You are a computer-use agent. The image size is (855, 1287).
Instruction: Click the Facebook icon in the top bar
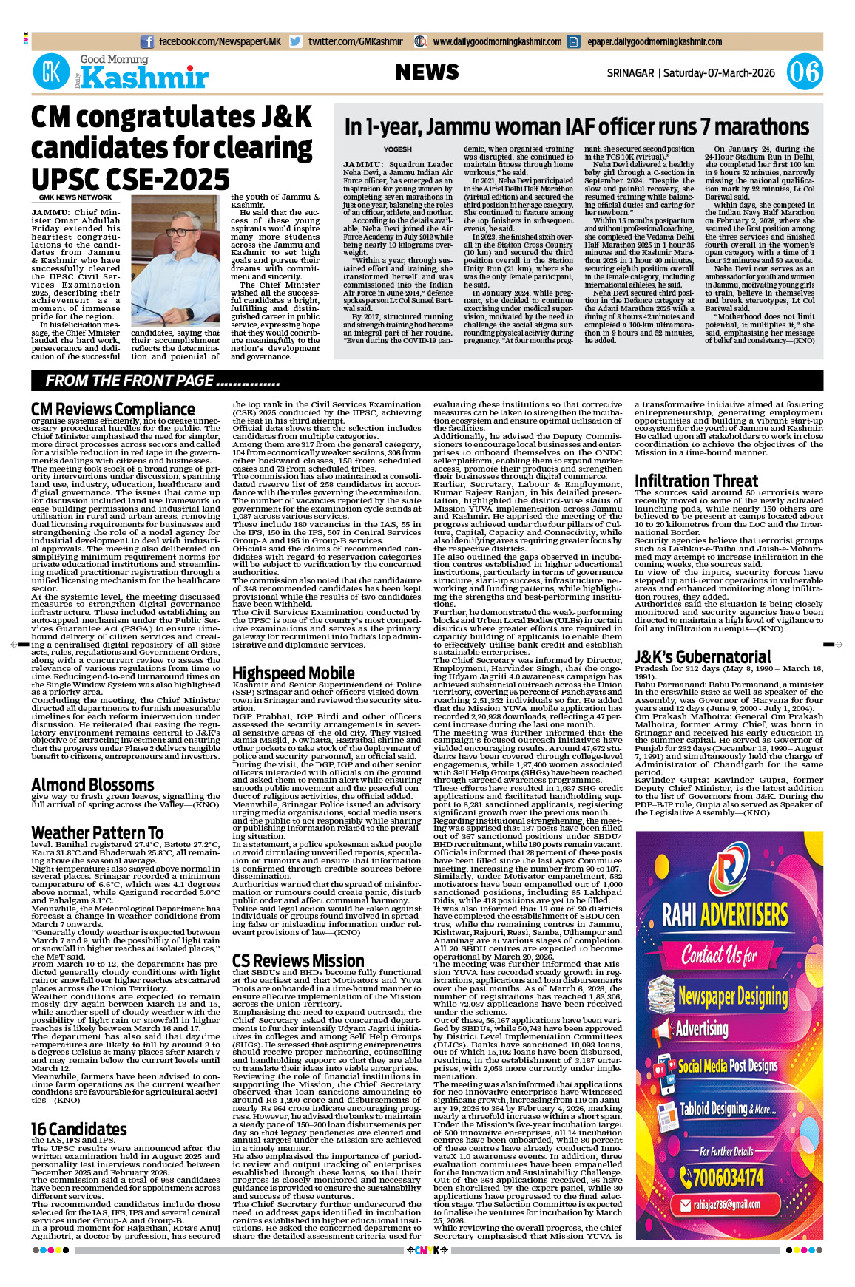[x=147, y=42]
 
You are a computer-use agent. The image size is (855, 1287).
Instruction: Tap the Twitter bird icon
[x=296, y=42]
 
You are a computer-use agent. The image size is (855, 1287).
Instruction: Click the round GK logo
[x=51, y=72]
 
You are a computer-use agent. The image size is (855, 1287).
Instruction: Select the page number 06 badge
[x=804, y=72]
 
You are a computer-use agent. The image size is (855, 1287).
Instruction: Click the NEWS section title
[x=427, y=72]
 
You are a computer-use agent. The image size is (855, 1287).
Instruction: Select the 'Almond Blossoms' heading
[x=92, y=784]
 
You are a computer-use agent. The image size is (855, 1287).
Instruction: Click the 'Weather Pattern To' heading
[x=98, y=833]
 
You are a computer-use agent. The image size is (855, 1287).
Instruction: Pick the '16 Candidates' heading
[x=79, y=1130]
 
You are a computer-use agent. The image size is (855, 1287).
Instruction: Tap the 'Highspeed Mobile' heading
[x=294, y=673]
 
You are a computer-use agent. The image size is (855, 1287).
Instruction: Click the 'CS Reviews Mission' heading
[x=298, y=960]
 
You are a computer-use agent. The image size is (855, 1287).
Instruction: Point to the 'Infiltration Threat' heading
[x=696, y=481]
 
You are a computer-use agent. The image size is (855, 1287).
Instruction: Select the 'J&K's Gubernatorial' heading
[x=703, y=657]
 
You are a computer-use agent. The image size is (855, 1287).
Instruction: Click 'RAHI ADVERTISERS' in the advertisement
[x=725, y=914]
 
